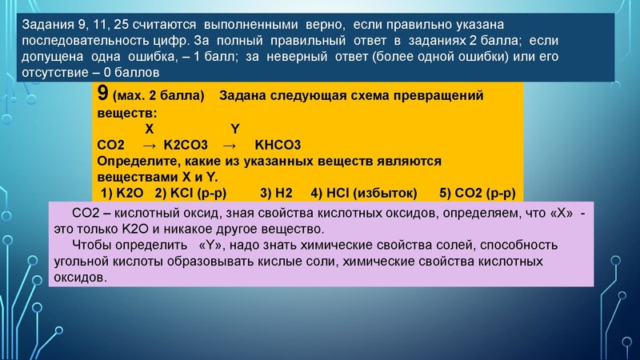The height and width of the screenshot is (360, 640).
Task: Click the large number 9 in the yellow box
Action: pyautogui.click(x=102, y=94)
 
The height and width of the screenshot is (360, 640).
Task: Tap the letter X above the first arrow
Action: pyautogui.click(x=150, y=129)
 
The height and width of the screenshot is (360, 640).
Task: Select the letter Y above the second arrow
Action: pyautogui.click(x=234, y=129)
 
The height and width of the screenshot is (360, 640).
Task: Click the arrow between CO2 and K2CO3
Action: pyautogui.click(x=149, y=145)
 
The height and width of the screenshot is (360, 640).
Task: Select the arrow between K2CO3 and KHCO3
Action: pyautogui.click(x=229, y=145)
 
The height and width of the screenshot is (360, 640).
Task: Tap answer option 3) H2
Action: pyautogui.click(x=282, y=193)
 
